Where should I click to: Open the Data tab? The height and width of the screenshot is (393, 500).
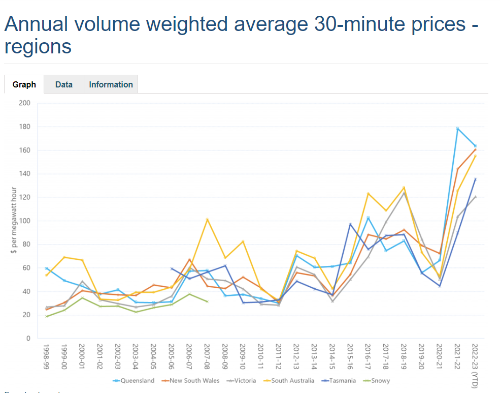[64, 85]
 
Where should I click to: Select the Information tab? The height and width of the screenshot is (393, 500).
[111, 85]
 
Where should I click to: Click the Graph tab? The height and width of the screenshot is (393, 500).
[24, 85]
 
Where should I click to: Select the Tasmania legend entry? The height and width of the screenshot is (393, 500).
[338, 380]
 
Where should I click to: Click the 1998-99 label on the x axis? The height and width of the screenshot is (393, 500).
[47, 356]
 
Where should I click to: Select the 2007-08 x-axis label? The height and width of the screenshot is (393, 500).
[207, 356]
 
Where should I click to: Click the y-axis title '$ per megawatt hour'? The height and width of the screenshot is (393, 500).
[14, 221]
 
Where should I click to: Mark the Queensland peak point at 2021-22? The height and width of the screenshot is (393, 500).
[457, 129]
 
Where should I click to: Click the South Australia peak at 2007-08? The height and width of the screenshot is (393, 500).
[207, 220]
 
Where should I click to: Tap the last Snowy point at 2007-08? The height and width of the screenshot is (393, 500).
[207, 301]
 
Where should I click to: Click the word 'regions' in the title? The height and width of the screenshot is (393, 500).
[38, 47]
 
